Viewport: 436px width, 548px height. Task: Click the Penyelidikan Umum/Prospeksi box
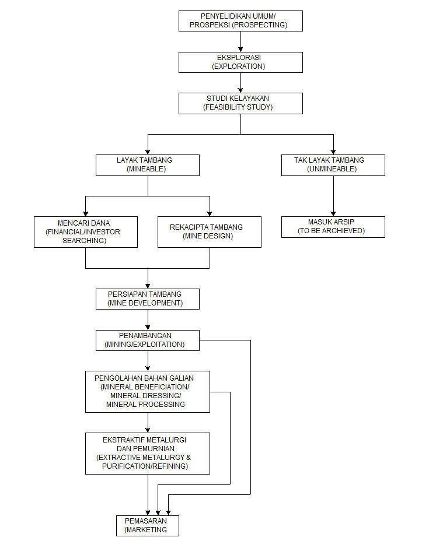tap(240, 21)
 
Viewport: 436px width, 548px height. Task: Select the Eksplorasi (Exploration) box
tap(240, 62)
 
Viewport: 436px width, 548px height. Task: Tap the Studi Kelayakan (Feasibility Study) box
tap(240, 103)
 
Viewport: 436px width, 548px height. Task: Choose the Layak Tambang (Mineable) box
tap(148, 165)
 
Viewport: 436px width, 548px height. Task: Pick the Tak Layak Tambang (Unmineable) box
tap(333, 165)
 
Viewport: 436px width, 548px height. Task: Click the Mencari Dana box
tap(86, 232)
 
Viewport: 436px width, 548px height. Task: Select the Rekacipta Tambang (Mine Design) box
tap(210, 232)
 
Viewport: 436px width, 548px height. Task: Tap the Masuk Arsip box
tap(333, 227)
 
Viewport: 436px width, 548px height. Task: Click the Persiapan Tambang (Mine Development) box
tap(148, 299)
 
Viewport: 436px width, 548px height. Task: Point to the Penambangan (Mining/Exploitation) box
tap(148, 340)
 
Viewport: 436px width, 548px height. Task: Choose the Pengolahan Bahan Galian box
tap(148, 392)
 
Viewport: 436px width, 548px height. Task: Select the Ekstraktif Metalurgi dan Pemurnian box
tap(148, 454)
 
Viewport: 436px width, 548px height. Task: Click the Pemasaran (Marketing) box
tap(148, 526)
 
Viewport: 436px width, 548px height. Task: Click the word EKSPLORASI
tap(239, 58)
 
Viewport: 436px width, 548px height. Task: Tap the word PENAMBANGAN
tap(145, 336)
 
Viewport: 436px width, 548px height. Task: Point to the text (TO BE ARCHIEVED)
tap(332, 231)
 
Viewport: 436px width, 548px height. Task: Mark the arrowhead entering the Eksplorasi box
tap(240, 50)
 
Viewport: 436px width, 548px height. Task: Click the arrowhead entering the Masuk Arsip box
tap(333, 213)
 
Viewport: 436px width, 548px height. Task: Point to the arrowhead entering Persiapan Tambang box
tap(148, 286)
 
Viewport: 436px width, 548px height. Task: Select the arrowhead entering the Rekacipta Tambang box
tap(210, 213)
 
